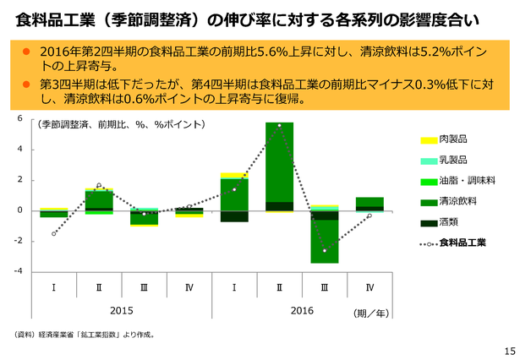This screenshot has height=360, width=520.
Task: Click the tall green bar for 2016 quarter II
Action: click(279, 162)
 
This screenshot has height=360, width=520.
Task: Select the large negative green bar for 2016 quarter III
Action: click(325, 242)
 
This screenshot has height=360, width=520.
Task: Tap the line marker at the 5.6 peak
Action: click(279, 126)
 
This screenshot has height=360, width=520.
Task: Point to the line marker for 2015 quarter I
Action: click(54, 234)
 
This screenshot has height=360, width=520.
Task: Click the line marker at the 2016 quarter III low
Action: click(325, 251)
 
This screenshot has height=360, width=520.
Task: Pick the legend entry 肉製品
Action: click(444, 139)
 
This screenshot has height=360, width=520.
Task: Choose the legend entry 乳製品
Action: click(444, 160)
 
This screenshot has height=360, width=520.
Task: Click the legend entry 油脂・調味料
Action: click(457, 181)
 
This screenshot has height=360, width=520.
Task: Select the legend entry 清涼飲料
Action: click(448, 201)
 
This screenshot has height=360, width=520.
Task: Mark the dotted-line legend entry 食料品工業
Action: click(453, 243)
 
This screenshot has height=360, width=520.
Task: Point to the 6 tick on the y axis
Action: click(19, 118)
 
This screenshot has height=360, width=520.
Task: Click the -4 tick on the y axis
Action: click(19, 271)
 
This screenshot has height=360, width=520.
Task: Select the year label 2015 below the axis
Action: click(122, 311)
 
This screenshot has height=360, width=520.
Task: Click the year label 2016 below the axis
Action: click(302, 311)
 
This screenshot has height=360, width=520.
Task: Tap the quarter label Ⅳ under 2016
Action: click(369, 287)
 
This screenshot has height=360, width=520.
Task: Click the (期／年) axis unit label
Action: click(371, 313)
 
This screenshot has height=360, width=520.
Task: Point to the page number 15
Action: click(510, 351)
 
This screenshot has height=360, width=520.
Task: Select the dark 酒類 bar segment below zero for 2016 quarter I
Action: click(234, 216)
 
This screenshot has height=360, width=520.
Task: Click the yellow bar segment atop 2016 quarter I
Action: click(234, 176)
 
